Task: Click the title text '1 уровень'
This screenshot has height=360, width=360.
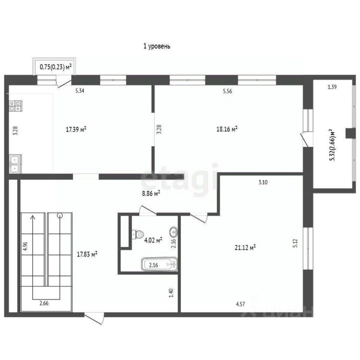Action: click(157, 46)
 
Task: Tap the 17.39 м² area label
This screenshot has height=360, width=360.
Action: click(76, 129)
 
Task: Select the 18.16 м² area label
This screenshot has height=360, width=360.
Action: click(227, 129)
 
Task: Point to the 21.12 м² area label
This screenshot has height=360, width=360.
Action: click(245, 247)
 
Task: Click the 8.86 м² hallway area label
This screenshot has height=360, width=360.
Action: click(151, 193)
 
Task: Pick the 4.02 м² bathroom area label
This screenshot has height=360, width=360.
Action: click(153, 240)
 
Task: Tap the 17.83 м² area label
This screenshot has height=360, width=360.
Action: click(87, 254)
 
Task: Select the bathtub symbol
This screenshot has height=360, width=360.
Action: click(159, 264)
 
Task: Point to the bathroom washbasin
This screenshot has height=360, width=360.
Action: click(174, 232)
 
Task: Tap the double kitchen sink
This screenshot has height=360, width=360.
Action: click(15, 164)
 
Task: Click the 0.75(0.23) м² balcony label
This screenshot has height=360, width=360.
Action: click(56, 67)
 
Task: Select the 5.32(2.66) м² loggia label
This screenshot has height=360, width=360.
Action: click(332, 145)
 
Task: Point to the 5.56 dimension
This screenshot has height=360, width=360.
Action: click(228, 91)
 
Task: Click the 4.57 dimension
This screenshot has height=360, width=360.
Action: click(240, 304)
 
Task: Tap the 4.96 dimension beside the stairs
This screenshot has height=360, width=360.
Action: click(25, 246)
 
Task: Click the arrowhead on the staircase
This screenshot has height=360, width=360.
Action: click(33, 217)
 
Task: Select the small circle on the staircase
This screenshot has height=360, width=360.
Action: click(60, 215)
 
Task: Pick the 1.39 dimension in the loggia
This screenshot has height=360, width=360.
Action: click(332, 87)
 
